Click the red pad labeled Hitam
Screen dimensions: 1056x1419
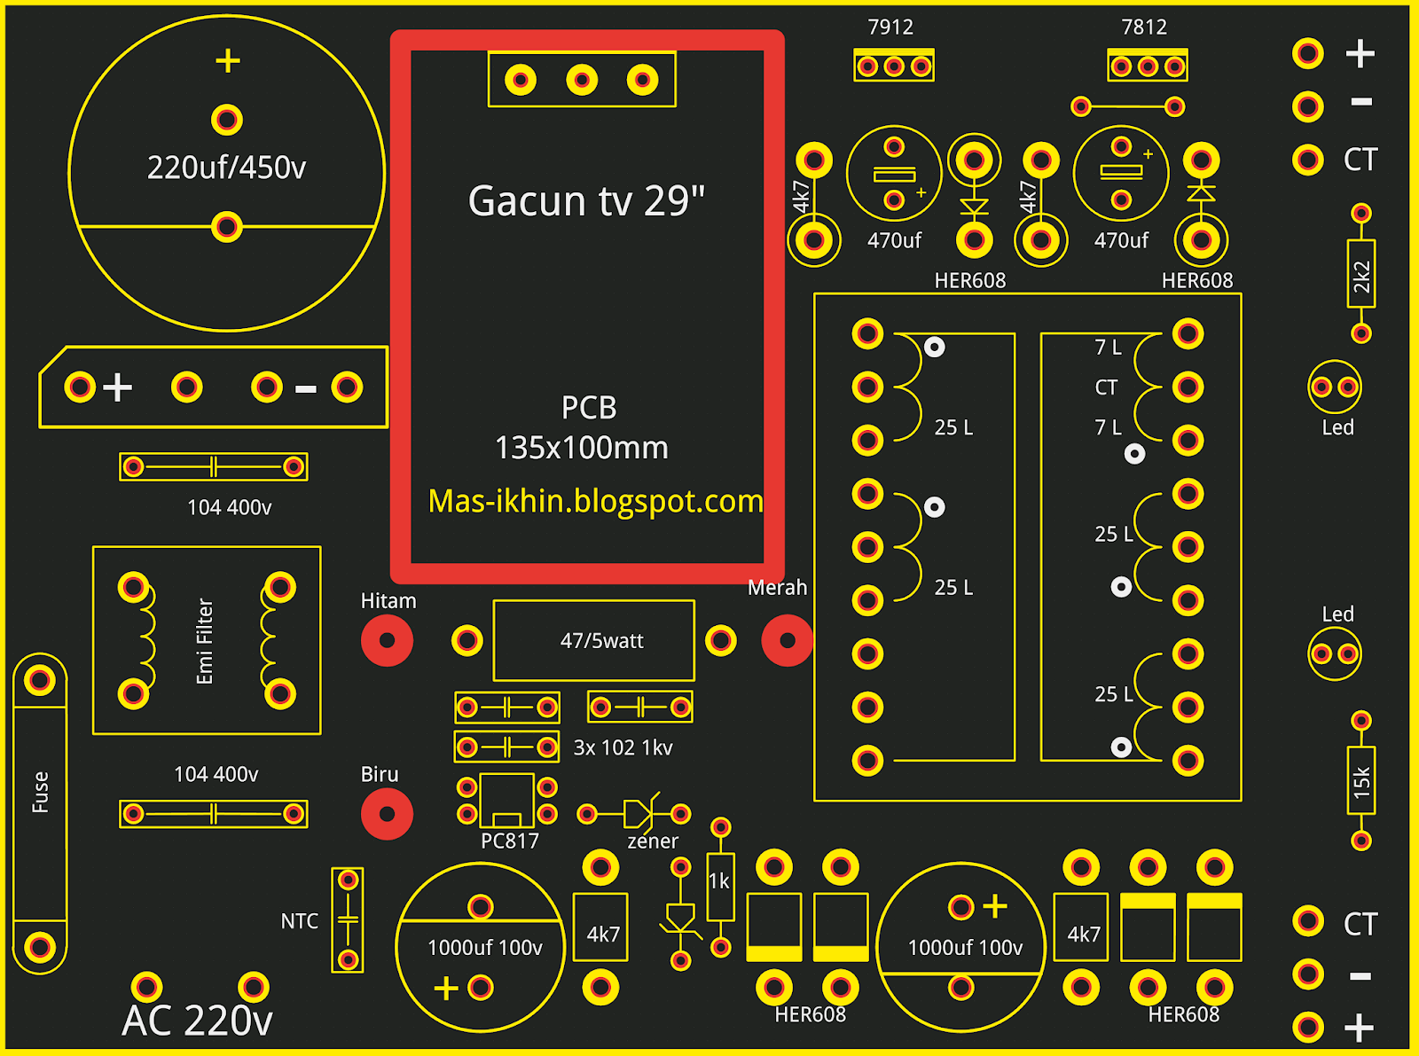pos(387,640)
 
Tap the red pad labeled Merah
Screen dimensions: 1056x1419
pos(787,640)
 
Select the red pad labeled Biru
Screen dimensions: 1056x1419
pos(387,813)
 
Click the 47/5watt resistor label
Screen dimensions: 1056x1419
pos(601,641)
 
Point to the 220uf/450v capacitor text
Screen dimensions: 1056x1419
pos(226,168)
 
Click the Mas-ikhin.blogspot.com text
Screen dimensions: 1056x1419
pos(595,502)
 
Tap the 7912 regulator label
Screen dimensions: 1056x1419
pos(890,27)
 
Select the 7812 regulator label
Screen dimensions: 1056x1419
pos(1144,27)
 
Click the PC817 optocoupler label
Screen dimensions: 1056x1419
pos(509,841)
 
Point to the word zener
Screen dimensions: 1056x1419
pos(653,841)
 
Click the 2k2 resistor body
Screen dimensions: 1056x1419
pos(1361,274)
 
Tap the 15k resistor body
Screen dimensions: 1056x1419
pos(1361,780)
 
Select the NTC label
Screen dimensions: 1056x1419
pos(299,921)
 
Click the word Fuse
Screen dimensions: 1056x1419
pos(41,792)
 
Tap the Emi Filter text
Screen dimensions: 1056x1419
pos(205,641)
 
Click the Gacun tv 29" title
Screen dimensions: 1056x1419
pos(586,201)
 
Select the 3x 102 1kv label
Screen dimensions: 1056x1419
pos(623,748)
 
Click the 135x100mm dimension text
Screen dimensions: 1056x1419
pos(582,449)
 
